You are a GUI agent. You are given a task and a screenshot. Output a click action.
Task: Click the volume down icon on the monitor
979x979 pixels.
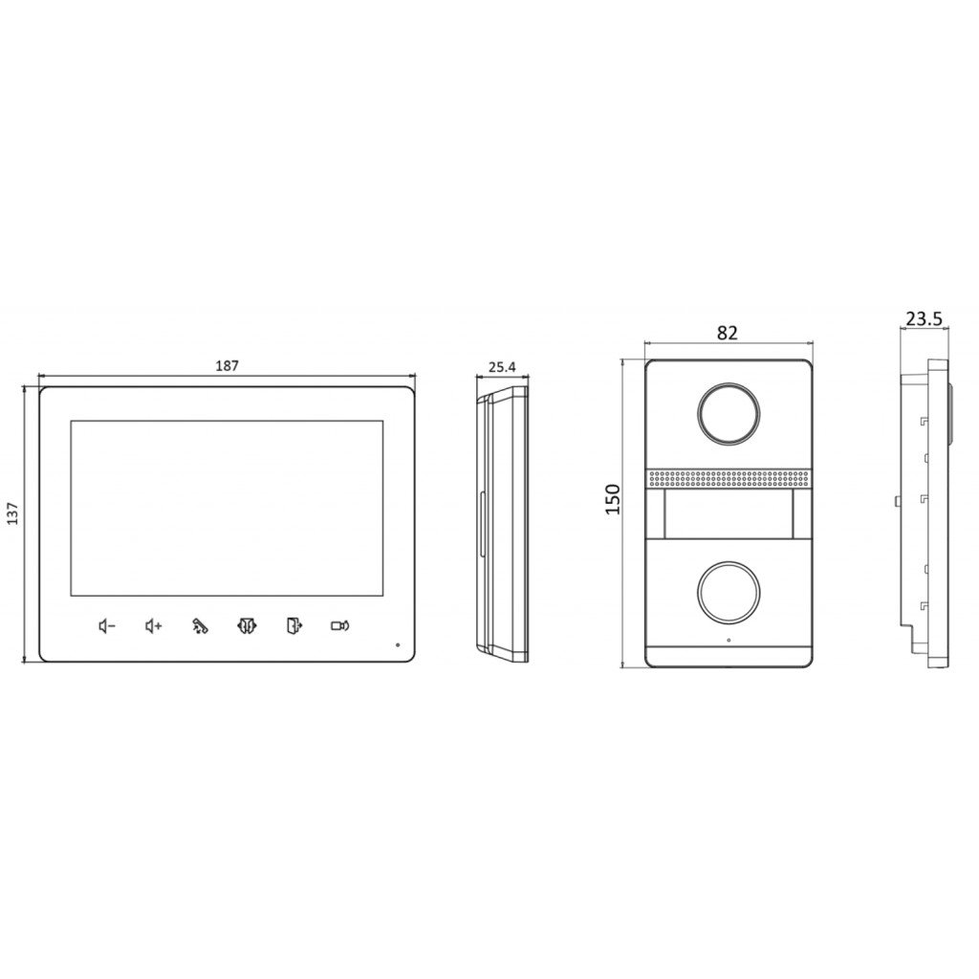pos(107,626)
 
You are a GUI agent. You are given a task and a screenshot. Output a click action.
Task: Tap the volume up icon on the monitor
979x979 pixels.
pos(153,626)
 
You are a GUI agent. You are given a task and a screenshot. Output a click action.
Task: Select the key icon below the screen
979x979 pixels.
pos(200,626)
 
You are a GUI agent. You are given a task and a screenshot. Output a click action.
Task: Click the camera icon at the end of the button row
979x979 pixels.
pos(339,626)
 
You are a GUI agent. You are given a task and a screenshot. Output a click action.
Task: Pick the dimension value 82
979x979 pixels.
pos(728,333)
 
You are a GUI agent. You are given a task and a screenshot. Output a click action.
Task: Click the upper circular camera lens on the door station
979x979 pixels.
pos(729,412)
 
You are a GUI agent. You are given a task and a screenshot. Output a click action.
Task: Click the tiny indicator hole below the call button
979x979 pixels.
pos(729,641)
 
